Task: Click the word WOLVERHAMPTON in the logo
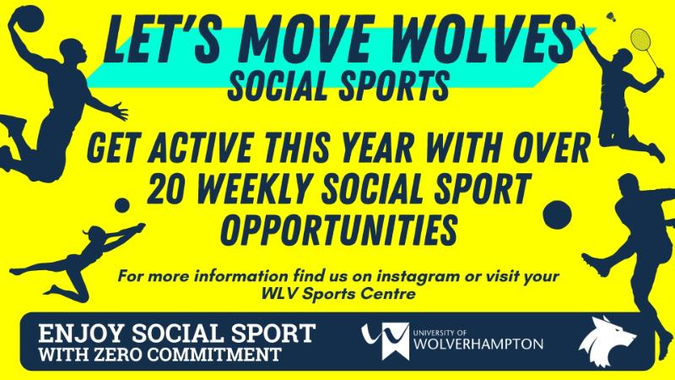[479, 345]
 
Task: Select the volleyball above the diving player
[122, 204]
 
